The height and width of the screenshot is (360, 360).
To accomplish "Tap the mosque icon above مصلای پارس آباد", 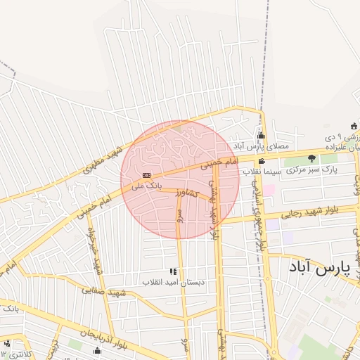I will [262, 136].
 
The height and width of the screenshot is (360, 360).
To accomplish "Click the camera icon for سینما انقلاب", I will [262, 161].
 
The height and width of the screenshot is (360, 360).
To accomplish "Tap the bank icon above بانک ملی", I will [146, 175].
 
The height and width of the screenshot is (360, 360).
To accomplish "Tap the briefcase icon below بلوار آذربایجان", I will [97, 350].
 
